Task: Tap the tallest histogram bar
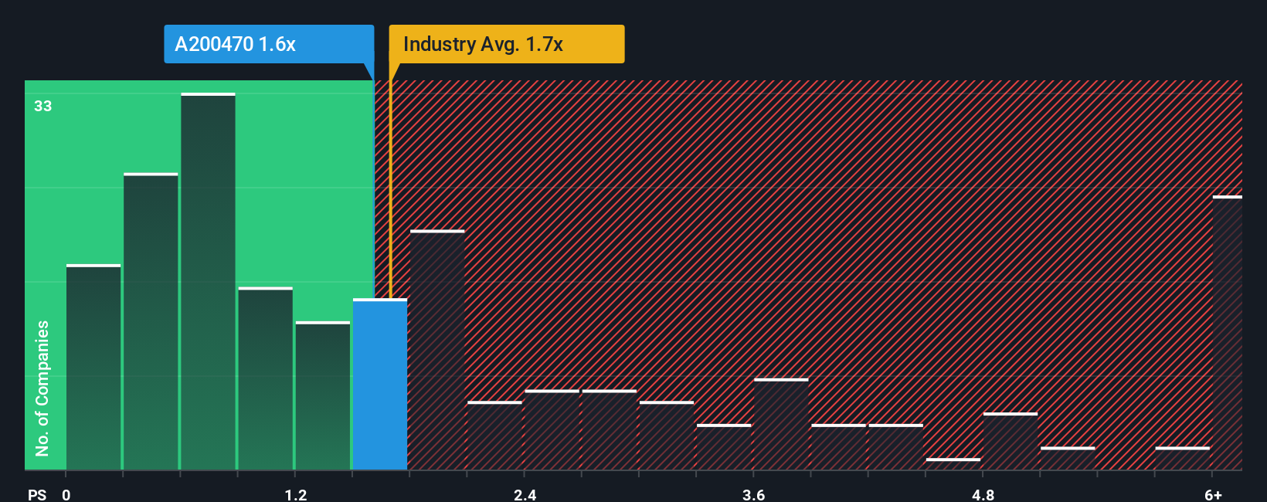pos(208,282)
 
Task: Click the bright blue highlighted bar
pos(380,385)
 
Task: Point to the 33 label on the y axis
pos(42,106)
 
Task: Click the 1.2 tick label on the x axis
pos(295,494)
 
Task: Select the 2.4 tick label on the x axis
pos(525,494)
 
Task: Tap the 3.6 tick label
pos(753,494)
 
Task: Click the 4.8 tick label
pos(983,494)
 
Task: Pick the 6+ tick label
pos(1213,494)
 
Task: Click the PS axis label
pos(37,494)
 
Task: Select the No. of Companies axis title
pos(42,388)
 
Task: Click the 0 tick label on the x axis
pos(66,494)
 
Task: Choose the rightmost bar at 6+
pos(1227,334)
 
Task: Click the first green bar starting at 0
pos(93,368)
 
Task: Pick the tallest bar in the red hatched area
pos(437,350)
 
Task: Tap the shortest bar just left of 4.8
pos(953,464)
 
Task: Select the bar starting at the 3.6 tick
pos(781,424)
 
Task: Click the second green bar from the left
pos(151,322)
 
